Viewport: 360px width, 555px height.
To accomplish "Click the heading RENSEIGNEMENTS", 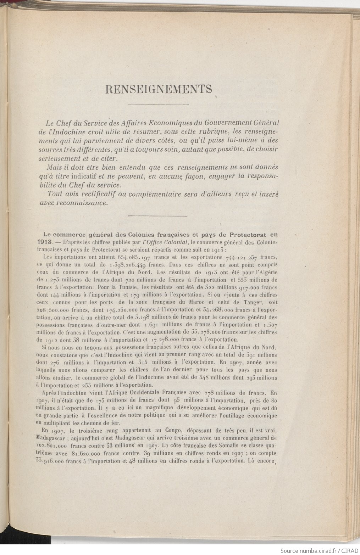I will tap(158, 89).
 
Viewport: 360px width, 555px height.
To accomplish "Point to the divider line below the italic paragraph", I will tap(157, 216).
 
